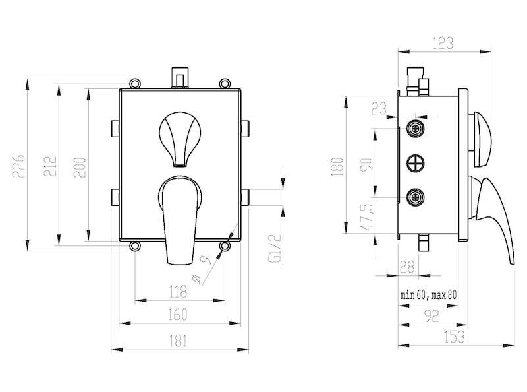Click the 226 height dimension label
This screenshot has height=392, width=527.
click(x=19, y=166)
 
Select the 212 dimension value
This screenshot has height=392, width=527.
click(x=50, y=166)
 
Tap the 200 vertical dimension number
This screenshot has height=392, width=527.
click(x=80, y=168)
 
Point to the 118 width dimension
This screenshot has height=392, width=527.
click(x=177, y=291)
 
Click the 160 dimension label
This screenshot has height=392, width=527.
click(x=177, y=315)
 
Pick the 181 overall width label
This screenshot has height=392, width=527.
click(x=178, y=341)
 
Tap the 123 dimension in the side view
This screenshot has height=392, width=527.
click(x=443, y=42)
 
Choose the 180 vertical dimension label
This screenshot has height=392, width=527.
click(x=338, y=166)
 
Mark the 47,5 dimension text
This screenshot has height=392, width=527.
click(x=367, y=216)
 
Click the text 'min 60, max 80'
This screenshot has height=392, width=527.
click(x=429, y=296)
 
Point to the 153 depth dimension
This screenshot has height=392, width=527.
click(x=455, y=337)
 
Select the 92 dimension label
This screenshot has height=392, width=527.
click(x=431, y=316)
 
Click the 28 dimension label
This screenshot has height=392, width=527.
click(x=407, y=267)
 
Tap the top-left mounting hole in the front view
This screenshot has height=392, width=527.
click(x=134, y=83)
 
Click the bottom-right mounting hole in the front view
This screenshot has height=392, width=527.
click(x=225, y=246)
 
